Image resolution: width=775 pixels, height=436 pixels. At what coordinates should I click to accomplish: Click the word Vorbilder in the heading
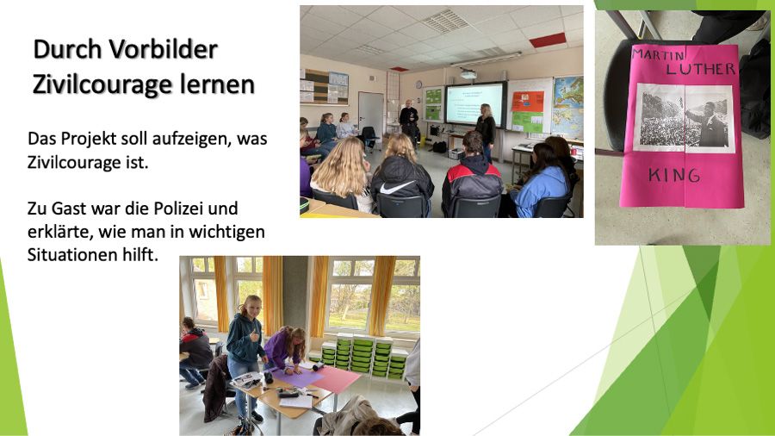tap(163, 49)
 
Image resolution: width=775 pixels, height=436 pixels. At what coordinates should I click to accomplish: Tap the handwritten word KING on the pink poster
tap(674, 175)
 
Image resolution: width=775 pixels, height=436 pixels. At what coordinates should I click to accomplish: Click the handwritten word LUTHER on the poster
tap(700, 68)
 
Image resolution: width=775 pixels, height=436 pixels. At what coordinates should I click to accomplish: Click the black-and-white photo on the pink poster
tap(684, 118)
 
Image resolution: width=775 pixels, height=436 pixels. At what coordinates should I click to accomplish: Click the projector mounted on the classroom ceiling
tap(468, 75)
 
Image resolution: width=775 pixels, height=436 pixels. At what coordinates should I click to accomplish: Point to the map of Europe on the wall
tap(567, 107)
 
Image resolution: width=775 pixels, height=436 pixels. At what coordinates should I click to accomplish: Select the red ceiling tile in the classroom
tap(548, 40)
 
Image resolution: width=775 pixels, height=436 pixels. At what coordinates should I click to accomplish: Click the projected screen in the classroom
tap(475, 103)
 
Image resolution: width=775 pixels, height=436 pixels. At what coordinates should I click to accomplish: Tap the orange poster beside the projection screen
tap(527, 102)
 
